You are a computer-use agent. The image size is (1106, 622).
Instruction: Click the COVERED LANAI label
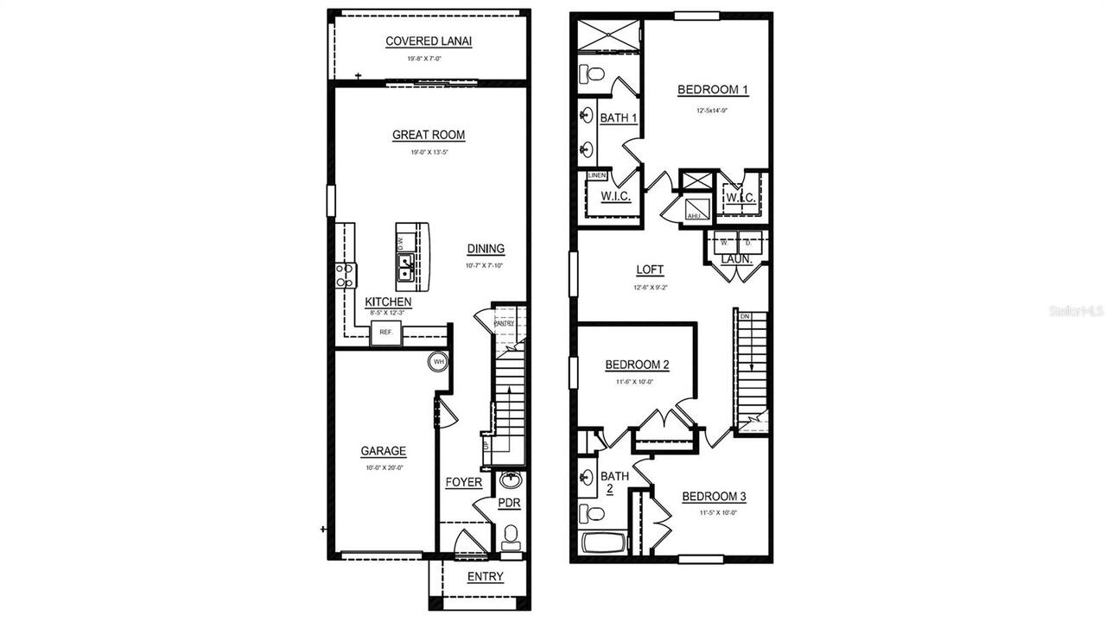[429, 41]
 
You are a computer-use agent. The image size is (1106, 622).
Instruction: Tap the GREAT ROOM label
[429, 135]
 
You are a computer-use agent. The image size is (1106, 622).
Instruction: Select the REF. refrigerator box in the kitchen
[386, 332]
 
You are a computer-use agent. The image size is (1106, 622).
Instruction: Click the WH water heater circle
[438, 362]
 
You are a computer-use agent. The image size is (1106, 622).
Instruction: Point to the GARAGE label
[383, 451]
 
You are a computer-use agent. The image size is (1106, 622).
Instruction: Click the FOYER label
[464, 482]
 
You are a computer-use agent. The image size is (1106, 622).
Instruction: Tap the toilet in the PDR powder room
[511, 536]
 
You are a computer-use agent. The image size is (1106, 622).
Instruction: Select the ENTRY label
[485, 577]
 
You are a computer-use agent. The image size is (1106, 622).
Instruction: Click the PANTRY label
[504, 323]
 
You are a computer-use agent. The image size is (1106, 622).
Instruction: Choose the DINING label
[486, 249]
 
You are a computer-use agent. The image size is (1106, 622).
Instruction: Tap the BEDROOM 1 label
[712, 90]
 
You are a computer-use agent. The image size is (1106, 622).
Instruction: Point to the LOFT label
[650, 270]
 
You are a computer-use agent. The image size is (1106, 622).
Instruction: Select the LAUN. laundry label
[737, 259]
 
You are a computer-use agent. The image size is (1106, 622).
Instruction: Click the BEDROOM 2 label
[637, 365]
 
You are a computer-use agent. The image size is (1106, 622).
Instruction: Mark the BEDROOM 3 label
[714, 497]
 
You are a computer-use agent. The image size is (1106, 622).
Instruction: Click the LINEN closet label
[597, 175]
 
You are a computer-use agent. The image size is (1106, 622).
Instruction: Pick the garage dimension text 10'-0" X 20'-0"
[383, 467]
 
